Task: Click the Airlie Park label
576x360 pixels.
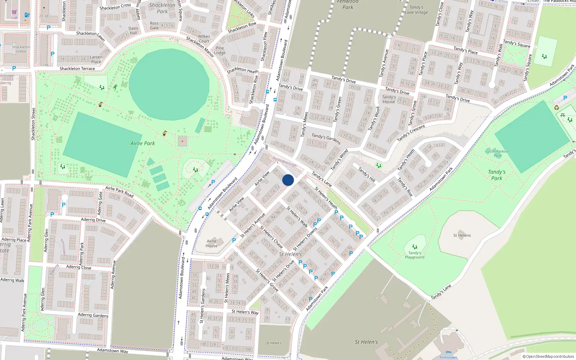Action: click(143, 143)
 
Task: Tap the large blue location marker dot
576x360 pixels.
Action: click(288, 180)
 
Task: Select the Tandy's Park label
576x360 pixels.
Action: click(497, 175)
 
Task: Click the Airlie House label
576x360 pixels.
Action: click(212, 243)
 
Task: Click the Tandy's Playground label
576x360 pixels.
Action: click(415, 255)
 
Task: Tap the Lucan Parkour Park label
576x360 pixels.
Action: click(498, 153)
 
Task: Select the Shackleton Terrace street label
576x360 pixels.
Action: click(77, 68)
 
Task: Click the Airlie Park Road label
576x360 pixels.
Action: click(119, 192)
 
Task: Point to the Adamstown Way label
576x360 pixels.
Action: click(112, 350)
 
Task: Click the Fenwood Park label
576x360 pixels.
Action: click(347, 4)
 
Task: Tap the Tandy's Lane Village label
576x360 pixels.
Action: click(417, 10)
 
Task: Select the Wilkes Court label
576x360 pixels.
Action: click(204, 39)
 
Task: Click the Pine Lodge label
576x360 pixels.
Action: click(220, 50)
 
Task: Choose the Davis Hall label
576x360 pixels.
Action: click(133, 31)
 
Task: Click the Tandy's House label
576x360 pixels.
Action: click(389, 99)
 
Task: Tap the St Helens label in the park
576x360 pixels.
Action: click(462, 235)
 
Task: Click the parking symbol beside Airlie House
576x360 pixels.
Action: click(234, 240)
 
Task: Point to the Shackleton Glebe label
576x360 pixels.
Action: click(21, 49)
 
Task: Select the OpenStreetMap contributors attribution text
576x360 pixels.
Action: click(548, 356)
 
